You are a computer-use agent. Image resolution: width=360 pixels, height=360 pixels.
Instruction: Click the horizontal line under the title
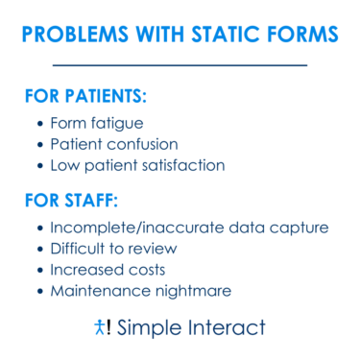pyautogui.click(x=180, y=65)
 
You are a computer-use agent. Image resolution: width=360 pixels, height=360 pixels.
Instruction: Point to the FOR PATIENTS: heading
pyautogui.click(x=86, y=98)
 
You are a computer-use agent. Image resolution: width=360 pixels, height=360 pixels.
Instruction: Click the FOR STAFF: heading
pyautogui.click(x=71, y=203)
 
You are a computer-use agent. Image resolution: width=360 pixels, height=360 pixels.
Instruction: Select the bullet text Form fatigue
pyautogui.click(x=96, y=124)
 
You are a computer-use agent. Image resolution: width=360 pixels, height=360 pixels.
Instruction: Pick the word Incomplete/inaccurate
pyautogui.click(x=141, y=228)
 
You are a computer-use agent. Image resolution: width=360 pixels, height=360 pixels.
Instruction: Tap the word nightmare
pyautogui.click(x=198, y=290)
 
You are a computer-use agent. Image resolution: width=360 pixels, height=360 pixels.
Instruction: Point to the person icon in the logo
pyautogui.click(x=100, y=327)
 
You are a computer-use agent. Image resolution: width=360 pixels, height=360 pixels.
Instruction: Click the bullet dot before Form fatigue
pyautogui.click(x=39, y=125)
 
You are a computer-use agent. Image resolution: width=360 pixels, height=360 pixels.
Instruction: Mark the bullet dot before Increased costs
pyautogui.click(x=39, y=270)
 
